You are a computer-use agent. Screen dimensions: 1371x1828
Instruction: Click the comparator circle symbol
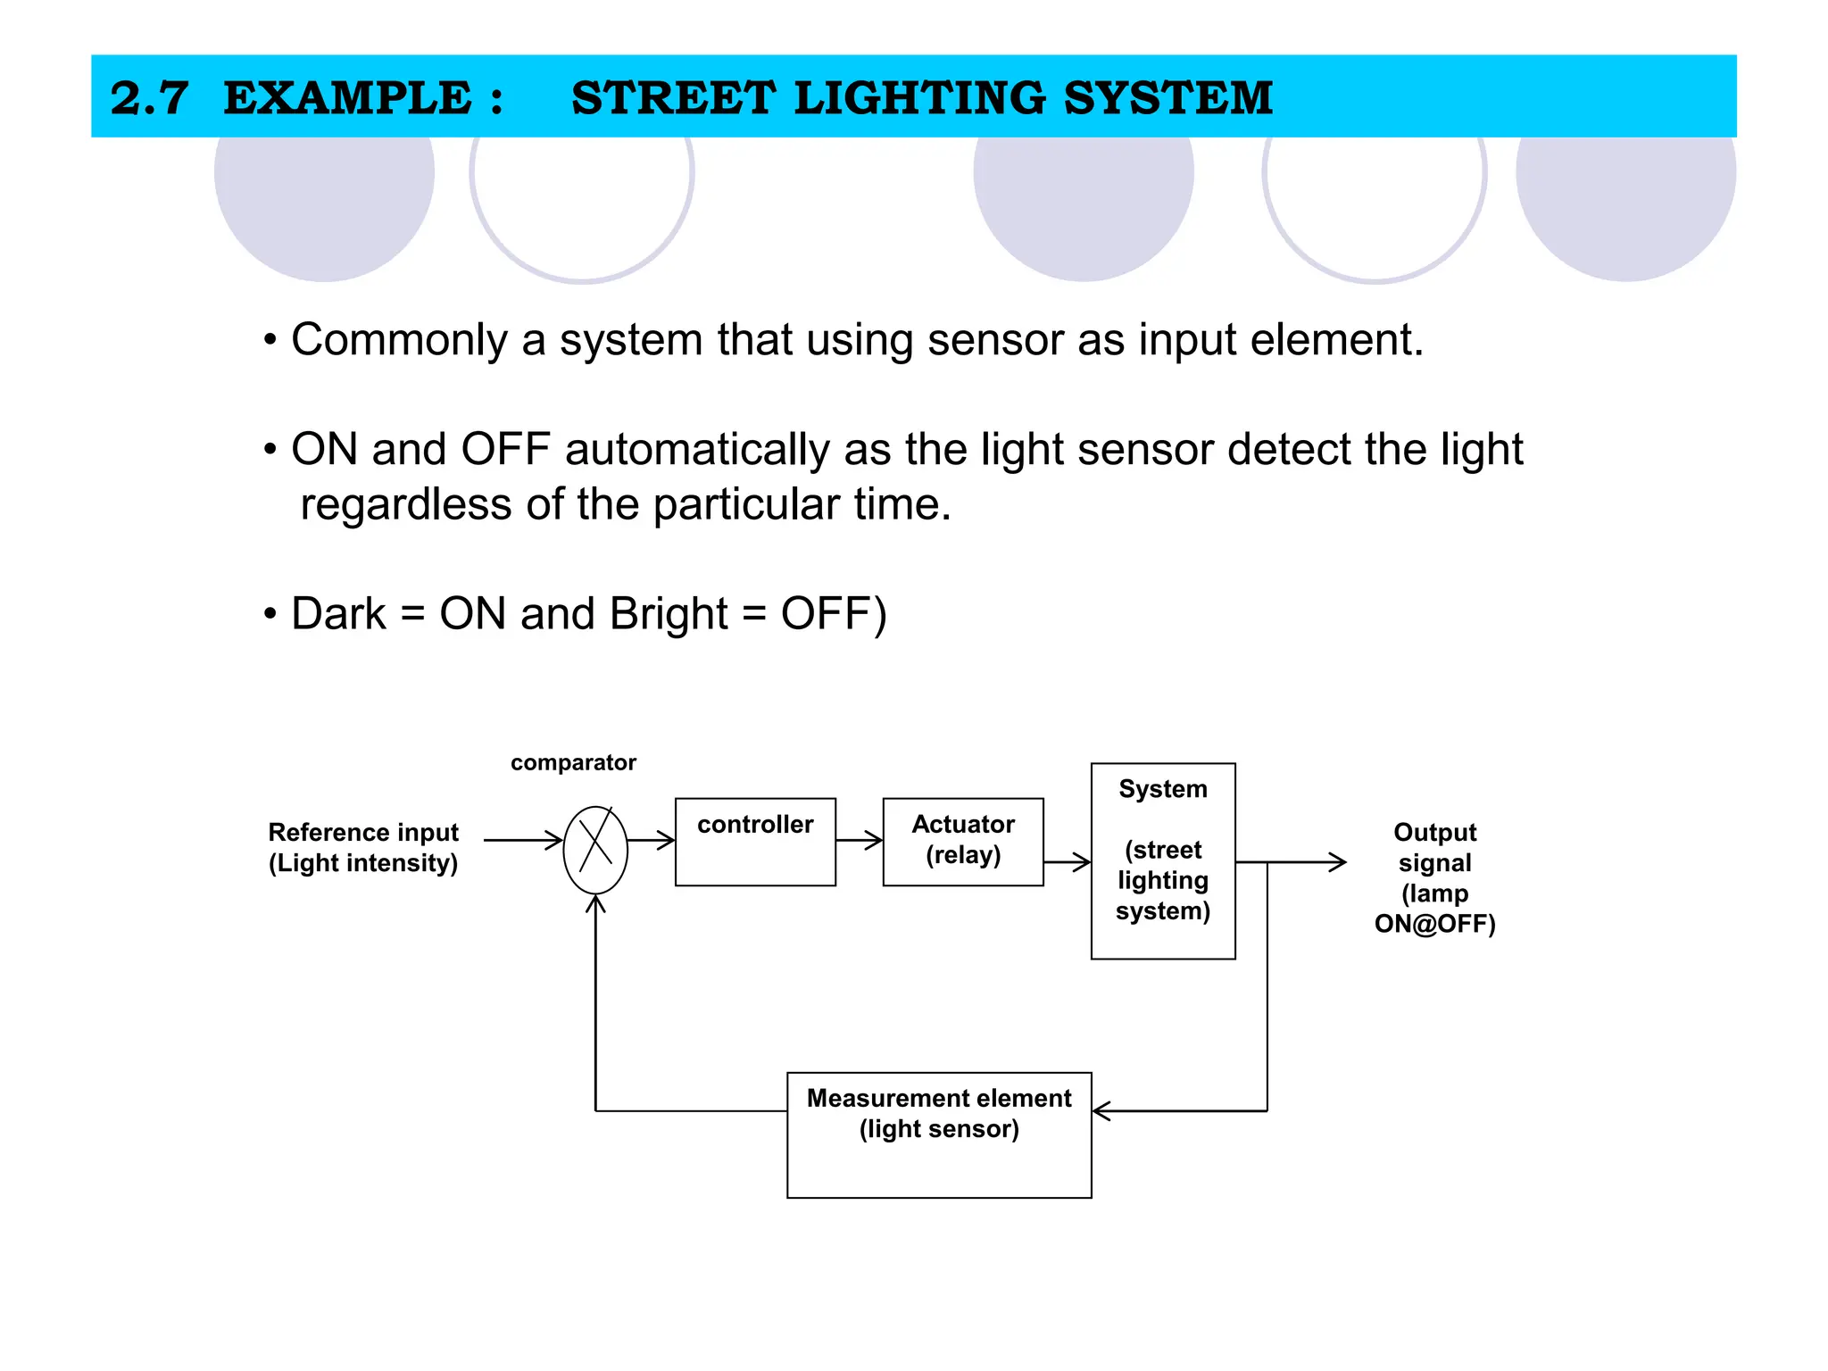[595, 849]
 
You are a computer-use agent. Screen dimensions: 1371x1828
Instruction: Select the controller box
[755, 842]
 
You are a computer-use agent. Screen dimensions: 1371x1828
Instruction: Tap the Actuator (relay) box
[962, 842]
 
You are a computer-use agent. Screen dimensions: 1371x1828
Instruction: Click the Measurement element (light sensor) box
[939, 1134]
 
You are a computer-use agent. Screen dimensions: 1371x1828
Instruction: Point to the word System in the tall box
[1162, 789]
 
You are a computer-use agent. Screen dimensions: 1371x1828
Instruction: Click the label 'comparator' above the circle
[573, 762]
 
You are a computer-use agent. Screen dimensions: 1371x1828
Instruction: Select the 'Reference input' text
[363, 832]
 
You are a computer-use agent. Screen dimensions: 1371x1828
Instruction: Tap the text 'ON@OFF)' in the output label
[1434, 924]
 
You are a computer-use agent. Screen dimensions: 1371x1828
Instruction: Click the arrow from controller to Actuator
[860, 840]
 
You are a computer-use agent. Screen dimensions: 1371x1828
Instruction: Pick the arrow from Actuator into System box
[1068, 862]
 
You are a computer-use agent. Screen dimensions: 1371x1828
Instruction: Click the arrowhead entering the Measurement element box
[1101, 1111]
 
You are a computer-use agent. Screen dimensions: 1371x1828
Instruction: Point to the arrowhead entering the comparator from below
[595, 904]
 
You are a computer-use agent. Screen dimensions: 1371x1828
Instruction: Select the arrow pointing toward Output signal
[1303, 862]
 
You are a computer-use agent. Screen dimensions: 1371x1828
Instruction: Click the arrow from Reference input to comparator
[523, 840]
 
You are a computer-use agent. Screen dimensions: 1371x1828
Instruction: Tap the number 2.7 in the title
[149, 97]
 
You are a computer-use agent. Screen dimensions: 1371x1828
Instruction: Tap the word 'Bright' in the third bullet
[669, 614]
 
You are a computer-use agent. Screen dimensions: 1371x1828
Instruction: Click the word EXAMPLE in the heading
[347, 97]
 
